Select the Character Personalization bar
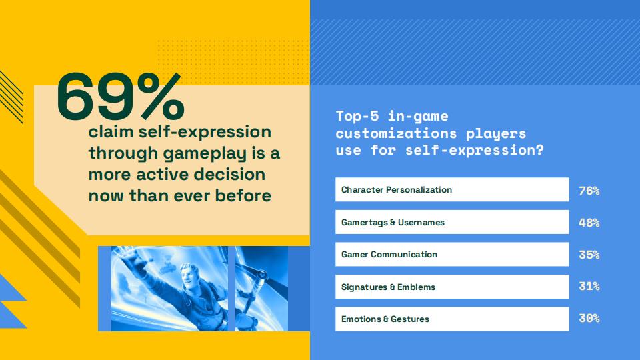[x=452, y=189]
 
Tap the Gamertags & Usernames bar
[x=452, y=222]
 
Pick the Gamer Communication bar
[x=452, y=254]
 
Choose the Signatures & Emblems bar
[x=452, y=287]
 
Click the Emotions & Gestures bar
[x=452, y=319]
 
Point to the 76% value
[x=589, y=191]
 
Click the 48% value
[x=589, y=223]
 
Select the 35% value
[x=589, y=255]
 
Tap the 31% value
[x=589, y=286]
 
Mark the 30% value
[x=589, y=318]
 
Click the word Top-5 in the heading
[x=357, y=116]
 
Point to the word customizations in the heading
[x=396, y=133]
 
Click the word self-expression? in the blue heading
[x=474, y=151]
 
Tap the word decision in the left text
[x=229, y=174]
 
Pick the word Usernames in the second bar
[x=421, y=223]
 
